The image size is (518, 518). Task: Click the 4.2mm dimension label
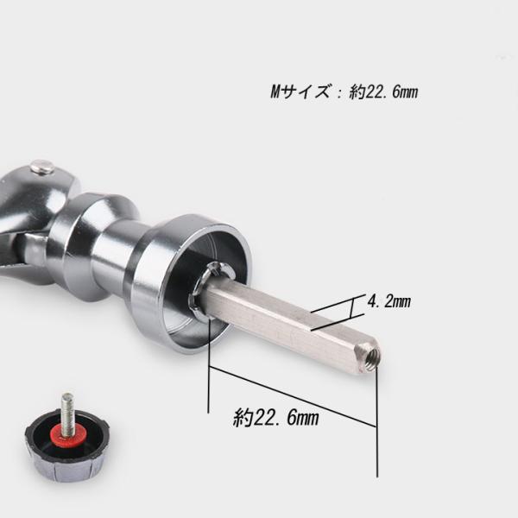click(x=388, y=301)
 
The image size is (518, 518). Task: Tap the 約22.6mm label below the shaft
click(x=276, y=418)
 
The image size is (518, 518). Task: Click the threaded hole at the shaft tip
click(x=373, y=357)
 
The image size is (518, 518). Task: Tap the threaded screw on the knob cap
click(x=68, y=410)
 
